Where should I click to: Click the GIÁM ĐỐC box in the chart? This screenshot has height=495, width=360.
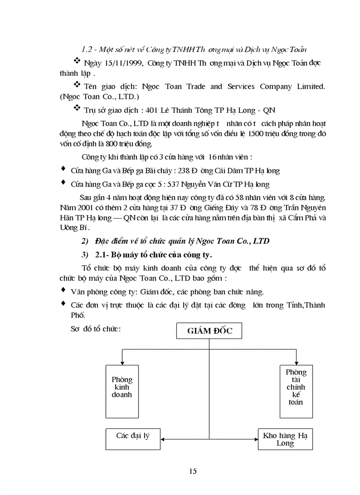[209, 331]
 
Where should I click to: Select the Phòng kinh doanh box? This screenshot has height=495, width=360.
[122, 391]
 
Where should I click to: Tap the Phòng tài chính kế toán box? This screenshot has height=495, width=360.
[296, 391]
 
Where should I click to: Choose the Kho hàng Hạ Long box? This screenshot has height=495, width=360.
[285, 439]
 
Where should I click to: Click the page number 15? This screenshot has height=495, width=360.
[193, 471]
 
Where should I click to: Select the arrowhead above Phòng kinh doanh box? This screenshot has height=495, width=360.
[122, 362]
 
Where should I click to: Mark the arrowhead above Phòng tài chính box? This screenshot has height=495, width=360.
[296, 362]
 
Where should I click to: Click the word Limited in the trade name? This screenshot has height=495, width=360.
[311, 86]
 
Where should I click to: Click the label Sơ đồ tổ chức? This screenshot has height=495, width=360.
[95, 329]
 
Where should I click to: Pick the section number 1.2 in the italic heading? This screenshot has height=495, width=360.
[87, 48]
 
